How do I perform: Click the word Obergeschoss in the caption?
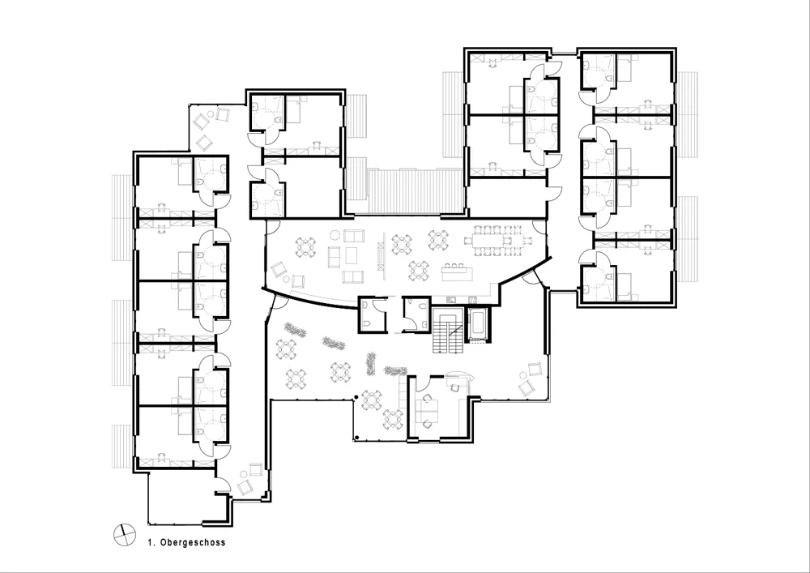click(193, 542)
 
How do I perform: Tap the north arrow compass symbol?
click(125, 535)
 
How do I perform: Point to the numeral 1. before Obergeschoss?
click(152, 542)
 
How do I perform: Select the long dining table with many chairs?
click(498, 240)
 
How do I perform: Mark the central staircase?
click(447, 330)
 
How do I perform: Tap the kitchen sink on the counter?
click(450, 299)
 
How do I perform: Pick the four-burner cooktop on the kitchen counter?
click(472, 299)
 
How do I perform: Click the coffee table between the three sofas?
click(352, 254)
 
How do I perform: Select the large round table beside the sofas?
click(335, 236)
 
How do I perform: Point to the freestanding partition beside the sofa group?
click(382, 256)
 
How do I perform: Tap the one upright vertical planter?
click(371, 363)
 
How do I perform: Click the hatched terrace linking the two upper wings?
click(414, 190)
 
